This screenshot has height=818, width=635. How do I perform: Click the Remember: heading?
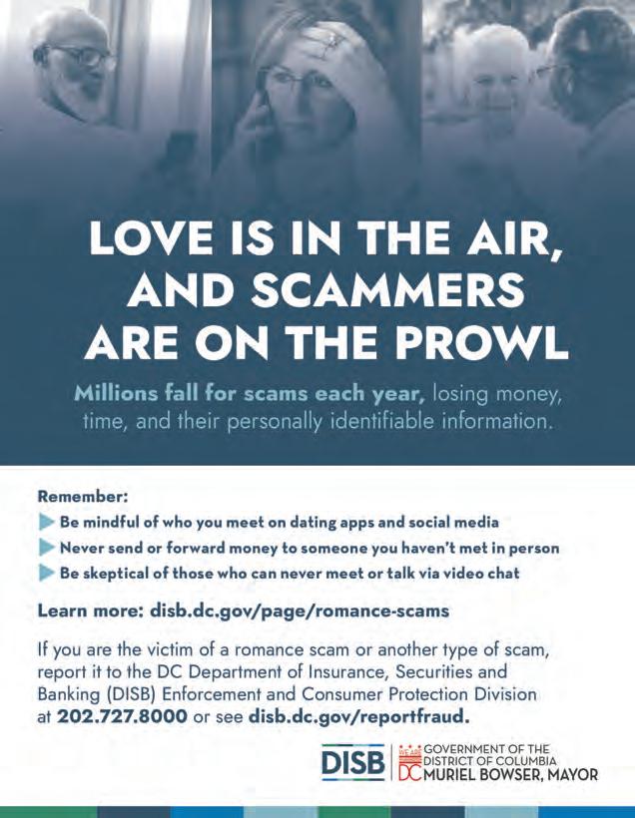click(84, 494)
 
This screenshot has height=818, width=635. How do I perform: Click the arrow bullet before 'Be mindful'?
click(45, 522)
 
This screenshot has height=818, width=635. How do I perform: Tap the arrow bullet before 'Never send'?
click(45, 548)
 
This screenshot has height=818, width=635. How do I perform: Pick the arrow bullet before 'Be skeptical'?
click(45, 574)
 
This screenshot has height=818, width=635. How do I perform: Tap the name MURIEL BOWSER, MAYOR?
click(511, 774)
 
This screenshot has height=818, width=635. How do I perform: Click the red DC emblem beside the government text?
click(410, 762)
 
